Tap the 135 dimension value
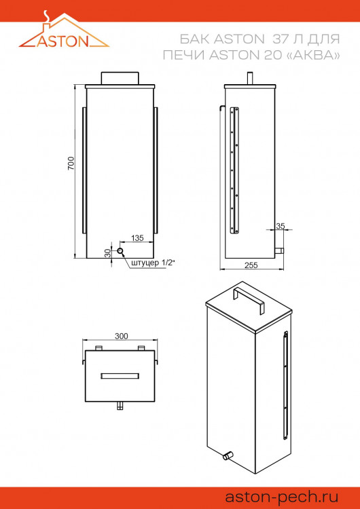click(137, 238)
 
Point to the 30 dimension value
click(107, 252)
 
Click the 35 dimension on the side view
click(280, 226)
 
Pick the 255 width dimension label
click(251, 265)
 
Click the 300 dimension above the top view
click(121, 336)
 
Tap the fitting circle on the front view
click(120, 251)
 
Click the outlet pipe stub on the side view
click(278, 252)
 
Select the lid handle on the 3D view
click(248, 299)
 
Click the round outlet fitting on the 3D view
click(229, 455)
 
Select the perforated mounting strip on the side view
click(235, 170)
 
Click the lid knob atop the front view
click(120, 78)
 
